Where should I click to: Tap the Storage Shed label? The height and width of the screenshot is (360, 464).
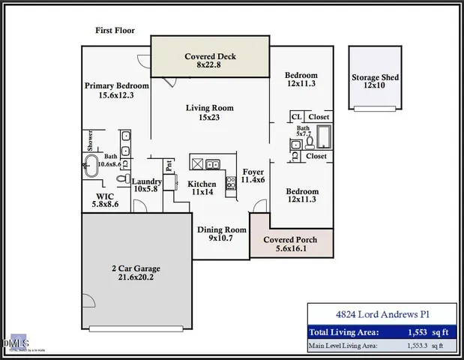pos(375,82)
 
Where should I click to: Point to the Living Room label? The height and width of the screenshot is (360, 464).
pos(210,112)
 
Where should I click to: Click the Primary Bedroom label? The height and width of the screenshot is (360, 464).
pos(116,91)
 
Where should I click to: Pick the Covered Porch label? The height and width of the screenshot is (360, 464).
pos(290,244)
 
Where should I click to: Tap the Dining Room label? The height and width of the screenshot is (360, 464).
pos(221,234)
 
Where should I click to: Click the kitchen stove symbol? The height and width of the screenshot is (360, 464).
pos(230,181)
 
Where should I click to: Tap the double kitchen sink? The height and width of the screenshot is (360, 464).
pos(212,164)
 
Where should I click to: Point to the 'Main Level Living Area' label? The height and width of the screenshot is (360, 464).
pos(344,346)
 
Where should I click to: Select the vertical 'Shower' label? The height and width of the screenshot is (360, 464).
pos(89,142)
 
